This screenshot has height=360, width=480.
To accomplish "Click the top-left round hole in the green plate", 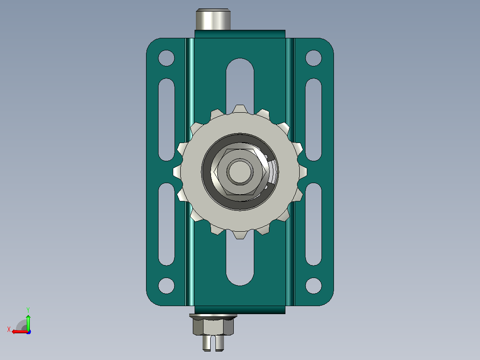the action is (x=166, y=58).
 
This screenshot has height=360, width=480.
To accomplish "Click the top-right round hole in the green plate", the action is (x=313, y=58).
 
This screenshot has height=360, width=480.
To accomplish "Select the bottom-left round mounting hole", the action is (x=166, y=286).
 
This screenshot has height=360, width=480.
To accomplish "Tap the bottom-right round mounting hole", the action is (x=313, y=286).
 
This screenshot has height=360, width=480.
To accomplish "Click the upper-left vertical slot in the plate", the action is (x=166, y=119).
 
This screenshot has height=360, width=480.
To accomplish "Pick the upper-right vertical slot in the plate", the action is (x=313, y=119).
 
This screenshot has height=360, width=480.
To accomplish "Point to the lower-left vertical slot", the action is (x=166, y=224).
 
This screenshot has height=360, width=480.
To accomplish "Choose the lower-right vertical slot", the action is (x=313, y=224).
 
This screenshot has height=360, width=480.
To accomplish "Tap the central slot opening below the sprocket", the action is (x=240, y=261).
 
